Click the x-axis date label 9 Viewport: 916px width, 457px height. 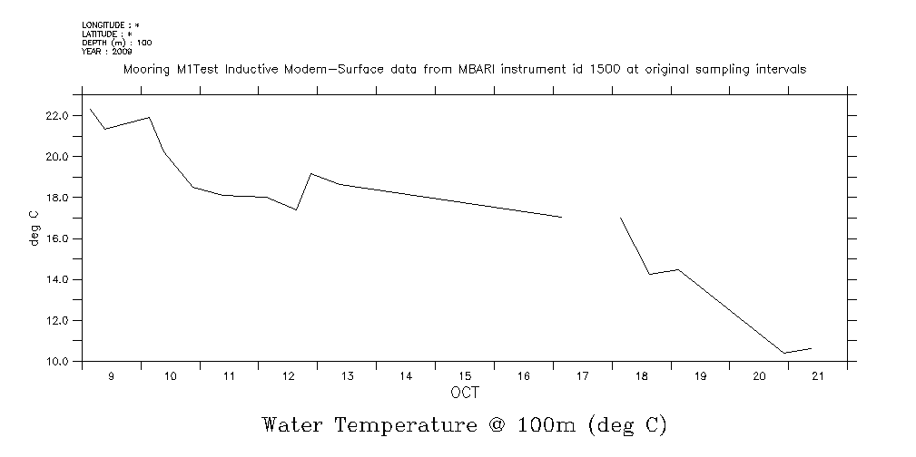click(112, 376)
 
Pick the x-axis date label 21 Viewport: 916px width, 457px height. click(818, 376)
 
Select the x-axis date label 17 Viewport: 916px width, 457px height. click(582, 376)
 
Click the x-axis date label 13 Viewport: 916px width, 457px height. click(346, 376)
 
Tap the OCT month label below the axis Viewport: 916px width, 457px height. click(465, 393)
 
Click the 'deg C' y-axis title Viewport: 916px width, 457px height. click(34, 228)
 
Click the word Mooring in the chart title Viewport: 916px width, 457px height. click(144, 70)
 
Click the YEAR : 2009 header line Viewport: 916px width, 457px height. click(107, 51)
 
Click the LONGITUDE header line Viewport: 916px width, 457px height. click(110, 26)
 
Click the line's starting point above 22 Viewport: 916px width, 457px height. click(90, 109)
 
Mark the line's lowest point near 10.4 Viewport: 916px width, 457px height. click(783, 353)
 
